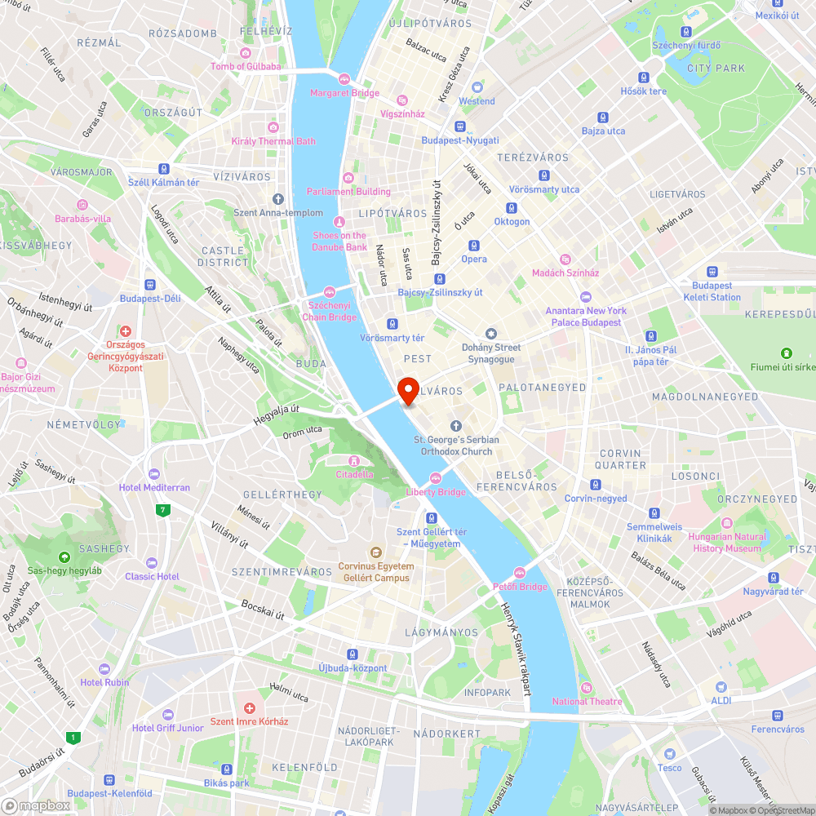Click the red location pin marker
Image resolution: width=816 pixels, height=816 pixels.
point(408,390)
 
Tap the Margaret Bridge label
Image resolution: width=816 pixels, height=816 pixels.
point(344,93)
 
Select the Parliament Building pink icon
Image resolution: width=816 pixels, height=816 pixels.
point(348,178)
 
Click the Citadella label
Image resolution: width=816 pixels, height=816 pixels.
point(355,474)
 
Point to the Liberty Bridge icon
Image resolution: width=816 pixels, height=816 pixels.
point(436,478)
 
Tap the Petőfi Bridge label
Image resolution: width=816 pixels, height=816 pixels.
point(520,587)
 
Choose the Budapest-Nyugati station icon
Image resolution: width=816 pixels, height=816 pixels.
point(459,126)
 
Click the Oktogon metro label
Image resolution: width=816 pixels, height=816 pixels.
point(512,222)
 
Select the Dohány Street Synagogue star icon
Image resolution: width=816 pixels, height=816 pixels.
point(490,334)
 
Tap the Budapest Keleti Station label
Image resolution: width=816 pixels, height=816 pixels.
point(712,291)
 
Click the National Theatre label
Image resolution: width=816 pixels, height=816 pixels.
point(587,702)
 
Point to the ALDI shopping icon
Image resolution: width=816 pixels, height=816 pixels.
point(721,687)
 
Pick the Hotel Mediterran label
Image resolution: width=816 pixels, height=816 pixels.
point(154,488)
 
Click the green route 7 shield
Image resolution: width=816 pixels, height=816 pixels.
point(164,510)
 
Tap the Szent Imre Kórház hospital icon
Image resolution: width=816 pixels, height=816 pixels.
point(250,707)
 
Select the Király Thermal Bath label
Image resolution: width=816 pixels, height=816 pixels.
point(273,141)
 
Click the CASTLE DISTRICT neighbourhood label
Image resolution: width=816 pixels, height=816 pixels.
point(223,256)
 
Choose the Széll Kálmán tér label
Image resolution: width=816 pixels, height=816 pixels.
point(164,183)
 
